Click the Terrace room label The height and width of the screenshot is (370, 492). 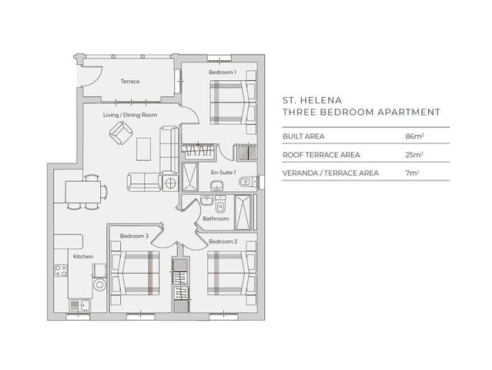tap(129, 81)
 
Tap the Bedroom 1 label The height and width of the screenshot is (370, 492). tap(222, 72)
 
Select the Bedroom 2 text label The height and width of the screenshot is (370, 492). tap(222, 241)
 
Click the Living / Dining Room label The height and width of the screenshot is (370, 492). tap(130, 115)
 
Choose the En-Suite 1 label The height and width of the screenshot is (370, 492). tap(223, 173)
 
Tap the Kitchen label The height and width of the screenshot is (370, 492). tap(83, 256)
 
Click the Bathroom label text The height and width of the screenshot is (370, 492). tap(216, 219)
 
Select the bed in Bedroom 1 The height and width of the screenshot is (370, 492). tap(232, 103)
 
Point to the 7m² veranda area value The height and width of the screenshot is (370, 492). tap(412, 173)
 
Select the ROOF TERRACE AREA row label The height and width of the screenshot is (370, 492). tap(321, 154)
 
